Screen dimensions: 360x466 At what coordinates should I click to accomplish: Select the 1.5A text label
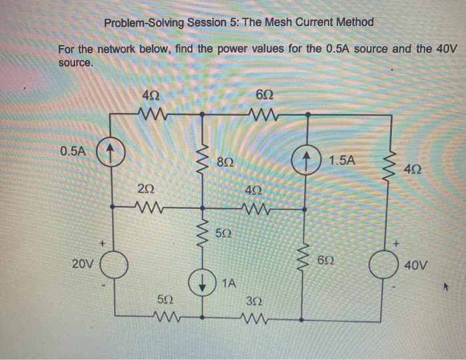point(342,160)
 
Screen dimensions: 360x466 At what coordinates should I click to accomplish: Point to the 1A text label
point(228,283)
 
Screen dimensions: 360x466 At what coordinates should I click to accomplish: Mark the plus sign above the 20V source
point(102,244)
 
